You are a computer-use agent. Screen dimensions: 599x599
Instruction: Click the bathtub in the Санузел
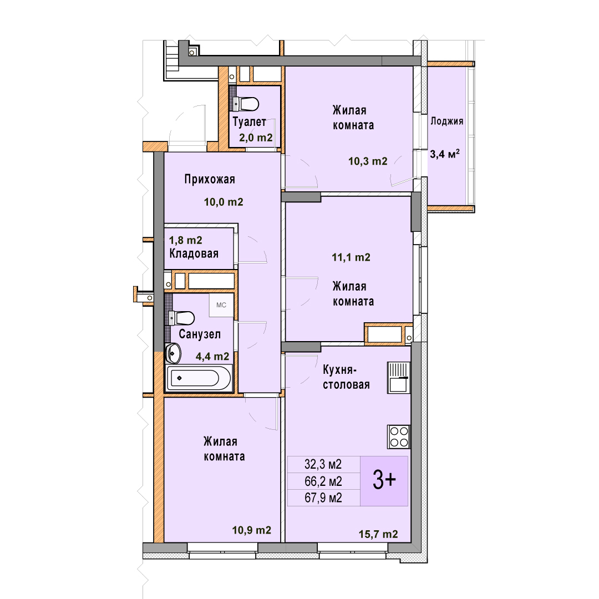(x=199, y=378)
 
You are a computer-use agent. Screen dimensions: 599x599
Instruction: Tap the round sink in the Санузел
(x=173, y=353)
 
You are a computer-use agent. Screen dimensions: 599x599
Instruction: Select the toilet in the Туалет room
(x=246, y=104)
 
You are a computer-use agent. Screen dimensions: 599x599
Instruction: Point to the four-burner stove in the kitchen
(x=399, y=436)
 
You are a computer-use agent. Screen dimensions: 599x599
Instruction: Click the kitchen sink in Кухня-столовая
(x=399, y=378)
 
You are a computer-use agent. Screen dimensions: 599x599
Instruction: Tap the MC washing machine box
(x=221, y=305)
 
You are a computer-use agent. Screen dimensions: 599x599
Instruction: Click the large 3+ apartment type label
(x=384, y=480)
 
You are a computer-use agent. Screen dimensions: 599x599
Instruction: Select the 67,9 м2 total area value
(x=323, y=498)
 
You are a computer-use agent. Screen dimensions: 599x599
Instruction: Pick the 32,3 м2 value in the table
(x=323, y=464)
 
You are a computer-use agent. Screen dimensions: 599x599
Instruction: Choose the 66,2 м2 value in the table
(x=323, y=481)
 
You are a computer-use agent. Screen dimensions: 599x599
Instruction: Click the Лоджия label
(x=446, y=121)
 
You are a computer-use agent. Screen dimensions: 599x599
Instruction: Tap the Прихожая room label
(x=210, y=179)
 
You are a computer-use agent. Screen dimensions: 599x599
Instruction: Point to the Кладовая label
(x=194, y=253)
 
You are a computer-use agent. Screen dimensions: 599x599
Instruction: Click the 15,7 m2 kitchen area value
(x=378, y=534)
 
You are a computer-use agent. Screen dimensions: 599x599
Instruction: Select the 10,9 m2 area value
(x=252, y=530)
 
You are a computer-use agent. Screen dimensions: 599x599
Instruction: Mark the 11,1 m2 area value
(x=351, y=257)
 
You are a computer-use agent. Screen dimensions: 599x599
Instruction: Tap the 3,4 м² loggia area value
(x=445, y=154)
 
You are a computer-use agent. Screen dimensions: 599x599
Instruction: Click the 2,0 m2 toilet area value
(x=256, y=138)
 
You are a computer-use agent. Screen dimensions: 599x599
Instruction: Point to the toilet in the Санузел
(x=181, y=318)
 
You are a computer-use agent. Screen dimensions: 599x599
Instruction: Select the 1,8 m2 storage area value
(x=186, y=240)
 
